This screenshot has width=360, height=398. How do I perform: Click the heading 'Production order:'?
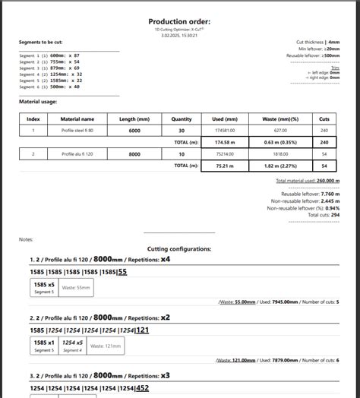tap(179, 22)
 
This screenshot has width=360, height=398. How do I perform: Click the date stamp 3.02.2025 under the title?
tap(179, 35)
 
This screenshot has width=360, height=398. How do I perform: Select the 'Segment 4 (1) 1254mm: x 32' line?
tap(50, 74)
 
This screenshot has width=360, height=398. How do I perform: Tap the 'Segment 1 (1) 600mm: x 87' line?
tap(49, 55)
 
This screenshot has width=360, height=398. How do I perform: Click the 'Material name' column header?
tap(77, 118)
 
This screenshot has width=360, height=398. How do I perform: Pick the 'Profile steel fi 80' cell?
tap(77, 131)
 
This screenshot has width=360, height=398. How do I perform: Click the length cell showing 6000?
tap(134, 131)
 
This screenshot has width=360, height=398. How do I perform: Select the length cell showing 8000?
tap(134, 154)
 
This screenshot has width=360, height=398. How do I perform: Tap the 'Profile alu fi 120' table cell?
tap(77, 154)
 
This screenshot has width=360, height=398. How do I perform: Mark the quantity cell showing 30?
tap(182, 131)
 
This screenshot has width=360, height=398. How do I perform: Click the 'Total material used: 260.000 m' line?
tap(308, 181)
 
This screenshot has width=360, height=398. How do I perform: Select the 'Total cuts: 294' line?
tap(324, 215)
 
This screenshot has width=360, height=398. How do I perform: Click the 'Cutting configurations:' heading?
tap(179, 248)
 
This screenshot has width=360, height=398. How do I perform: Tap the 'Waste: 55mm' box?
tap(76, 289)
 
